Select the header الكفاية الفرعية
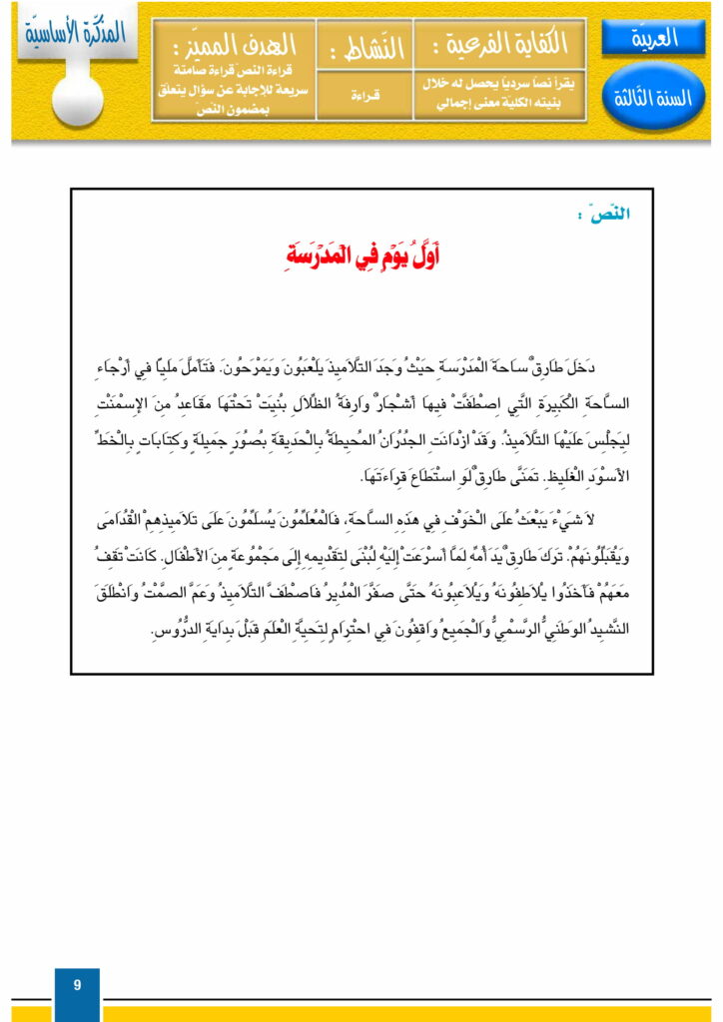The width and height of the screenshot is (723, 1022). (x=499, y=43)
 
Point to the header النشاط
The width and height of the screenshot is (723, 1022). (x=364, y=44)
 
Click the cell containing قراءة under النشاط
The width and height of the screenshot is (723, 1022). (x=364, y=98)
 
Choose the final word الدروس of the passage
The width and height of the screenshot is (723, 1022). (x=174, y=631)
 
